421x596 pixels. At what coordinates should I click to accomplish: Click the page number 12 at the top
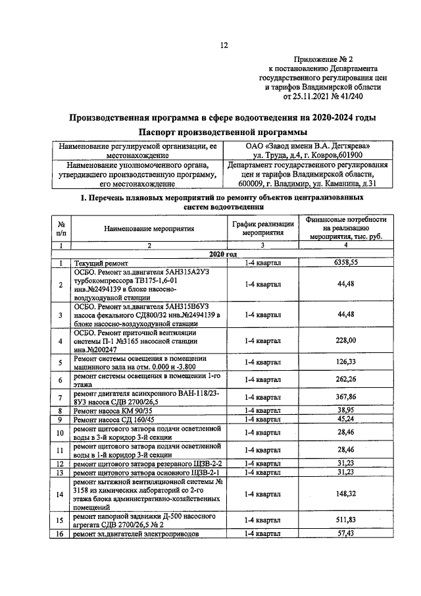[223, 45]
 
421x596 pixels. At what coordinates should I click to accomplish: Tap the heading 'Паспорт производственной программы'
[223, 132]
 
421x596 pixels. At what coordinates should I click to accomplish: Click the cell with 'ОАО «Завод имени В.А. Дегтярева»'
[308, 145]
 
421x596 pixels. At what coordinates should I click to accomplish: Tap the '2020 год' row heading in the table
[223, 254]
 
